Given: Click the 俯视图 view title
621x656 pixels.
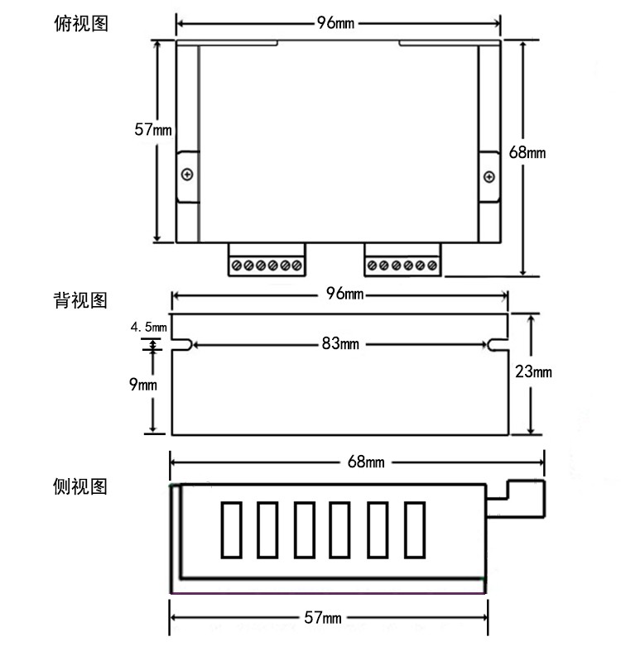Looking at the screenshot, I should [x=81, y=23].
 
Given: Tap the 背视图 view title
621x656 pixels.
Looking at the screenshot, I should [x=81, y=299].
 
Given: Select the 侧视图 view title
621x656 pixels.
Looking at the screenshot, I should [x=81, y=486].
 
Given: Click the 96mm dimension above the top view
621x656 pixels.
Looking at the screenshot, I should [x=335, y=22].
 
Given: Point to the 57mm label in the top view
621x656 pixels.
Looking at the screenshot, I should [x=153, y=129].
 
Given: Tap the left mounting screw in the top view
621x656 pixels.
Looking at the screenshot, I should [x=188, y=175].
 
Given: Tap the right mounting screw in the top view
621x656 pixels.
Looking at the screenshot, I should [x=489, y=176].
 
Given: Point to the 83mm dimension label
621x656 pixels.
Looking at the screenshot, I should [x=339, y=344].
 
